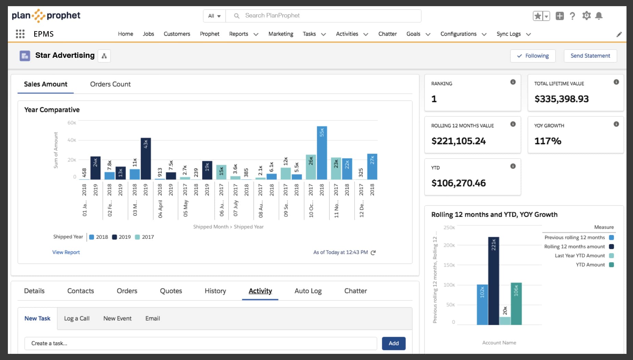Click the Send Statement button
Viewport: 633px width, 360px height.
click(590, 56)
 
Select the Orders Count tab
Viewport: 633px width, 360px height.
click(110, 84)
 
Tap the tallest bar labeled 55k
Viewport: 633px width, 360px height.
click(322, 153)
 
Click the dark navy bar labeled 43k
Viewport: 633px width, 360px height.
click(146, 159)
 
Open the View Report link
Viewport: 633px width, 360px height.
click(66, 252)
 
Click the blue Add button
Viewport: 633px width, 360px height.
click(393, 343)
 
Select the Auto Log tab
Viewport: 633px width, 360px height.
click(308, 291)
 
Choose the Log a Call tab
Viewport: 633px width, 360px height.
click(77, 318)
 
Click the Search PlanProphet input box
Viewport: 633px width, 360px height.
click(323, 16)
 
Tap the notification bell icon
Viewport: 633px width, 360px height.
click(599, 16)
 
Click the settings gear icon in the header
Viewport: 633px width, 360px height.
click(586, 16)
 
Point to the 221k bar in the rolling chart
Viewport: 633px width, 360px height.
click(494, 281)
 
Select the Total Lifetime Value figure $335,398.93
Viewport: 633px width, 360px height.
click(561, 99)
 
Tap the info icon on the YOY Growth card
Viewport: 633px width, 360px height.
click(616, 124)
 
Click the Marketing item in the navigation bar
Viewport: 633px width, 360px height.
click(281, 34)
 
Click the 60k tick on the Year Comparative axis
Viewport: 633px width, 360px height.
click(72, 123)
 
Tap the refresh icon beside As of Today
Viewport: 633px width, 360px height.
click(373, 253)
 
